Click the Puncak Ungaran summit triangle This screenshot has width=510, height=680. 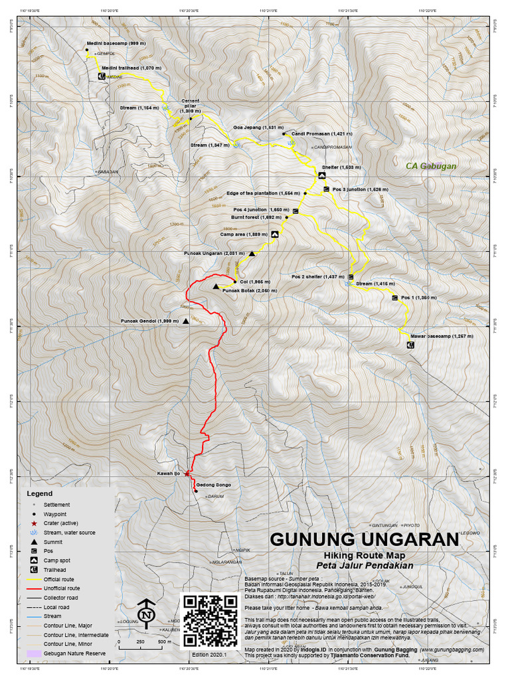(252, 254)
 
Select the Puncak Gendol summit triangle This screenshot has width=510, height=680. (186, 321)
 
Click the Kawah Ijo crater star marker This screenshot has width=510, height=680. (187, 473)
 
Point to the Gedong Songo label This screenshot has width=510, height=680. (213, 485)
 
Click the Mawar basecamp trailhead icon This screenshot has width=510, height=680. (409, 345)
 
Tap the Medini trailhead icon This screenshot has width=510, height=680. (102, 76)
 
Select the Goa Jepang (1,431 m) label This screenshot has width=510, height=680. (258, 127)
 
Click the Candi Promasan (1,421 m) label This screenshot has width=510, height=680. (321, 133)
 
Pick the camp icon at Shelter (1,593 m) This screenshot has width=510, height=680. (321, 176)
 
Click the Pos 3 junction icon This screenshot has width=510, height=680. (326, 190)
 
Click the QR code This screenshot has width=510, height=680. (209, 620)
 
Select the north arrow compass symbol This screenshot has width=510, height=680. (145, 613)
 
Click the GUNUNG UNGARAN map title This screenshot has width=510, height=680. (363, 539)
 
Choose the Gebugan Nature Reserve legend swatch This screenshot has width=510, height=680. (34, 653)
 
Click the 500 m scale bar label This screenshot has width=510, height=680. (161, 642)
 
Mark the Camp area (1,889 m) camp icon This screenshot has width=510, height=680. (274, 234)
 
